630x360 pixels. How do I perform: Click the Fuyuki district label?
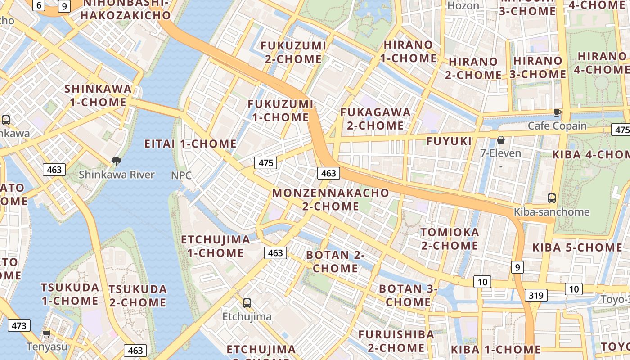point(449,141)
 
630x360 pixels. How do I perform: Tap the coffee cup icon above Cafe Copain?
point(557,112)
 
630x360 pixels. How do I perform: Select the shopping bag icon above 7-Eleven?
point(500,140)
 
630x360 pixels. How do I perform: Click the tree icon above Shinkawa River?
point(116,161)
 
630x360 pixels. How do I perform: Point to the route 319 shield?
point(535,295)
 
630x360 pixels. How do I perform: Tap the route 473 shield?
point(19,325)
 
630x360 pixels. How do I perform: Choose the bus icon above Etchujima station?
point(247,303)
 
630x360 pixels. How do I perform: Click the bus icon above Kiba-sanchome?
point(551,198)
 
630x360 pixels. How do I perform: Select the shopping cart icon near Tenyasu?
point(46,333)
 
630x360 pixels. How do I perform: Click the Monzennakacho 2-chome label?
point(331,199)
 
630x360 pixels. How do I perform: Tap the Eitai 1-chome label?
point(190,144)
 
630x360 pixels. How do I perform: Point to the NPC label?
point(181,175)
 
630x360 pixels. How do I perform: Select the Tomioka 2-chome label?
point(449,239)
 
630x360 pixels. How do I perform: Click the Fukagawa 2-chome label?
point(375,119)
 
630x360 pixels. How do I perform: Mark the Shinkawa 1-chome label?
point(98,95)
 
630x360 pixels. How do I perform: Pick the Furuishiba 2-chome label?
point(396,341)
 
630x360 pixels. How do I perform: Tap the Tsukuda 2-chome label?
point(138,296)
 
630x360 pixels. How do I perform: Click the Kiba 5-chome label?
point(577,247)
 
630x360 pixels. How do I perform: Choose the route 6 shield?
point(39,5)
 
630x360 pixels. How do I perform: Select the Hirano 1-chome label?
point(409,51)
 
